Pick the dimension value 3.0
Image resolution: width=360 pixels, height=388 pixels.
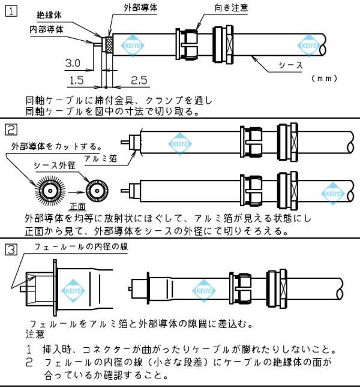(73, 63)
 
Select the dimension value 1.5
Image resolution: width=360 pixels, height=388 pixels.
(76, 80)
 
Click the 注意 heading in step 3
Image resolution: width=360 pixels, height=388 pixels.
(35, 333)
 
